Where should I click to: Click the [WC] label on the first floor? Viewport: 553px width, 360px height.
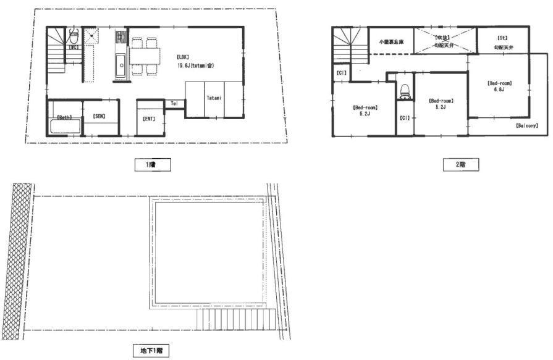[73, 47]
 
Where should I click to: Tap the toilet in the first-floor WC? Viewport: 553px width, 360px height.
[73, 35]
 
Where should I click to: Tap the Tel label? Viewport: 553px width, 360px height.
[174, 103]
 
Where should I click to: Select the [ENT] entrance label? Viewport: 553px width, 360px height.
[148, 117]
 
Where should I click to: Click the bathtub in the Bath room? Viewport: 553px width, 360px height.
[63, 127]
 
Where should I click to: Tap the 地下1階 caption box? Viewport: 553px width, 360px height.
[151, 351]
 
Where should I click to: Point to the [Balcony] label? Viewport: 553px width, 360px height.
[526, 125]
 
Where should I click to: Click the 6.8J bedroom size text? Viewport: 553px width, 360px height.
[499, 90]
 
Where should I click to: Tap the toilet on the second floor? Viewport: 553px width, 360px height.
[405, 91]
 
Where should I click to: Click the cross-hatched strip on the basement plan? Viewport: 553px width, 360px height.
[17, 259]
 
